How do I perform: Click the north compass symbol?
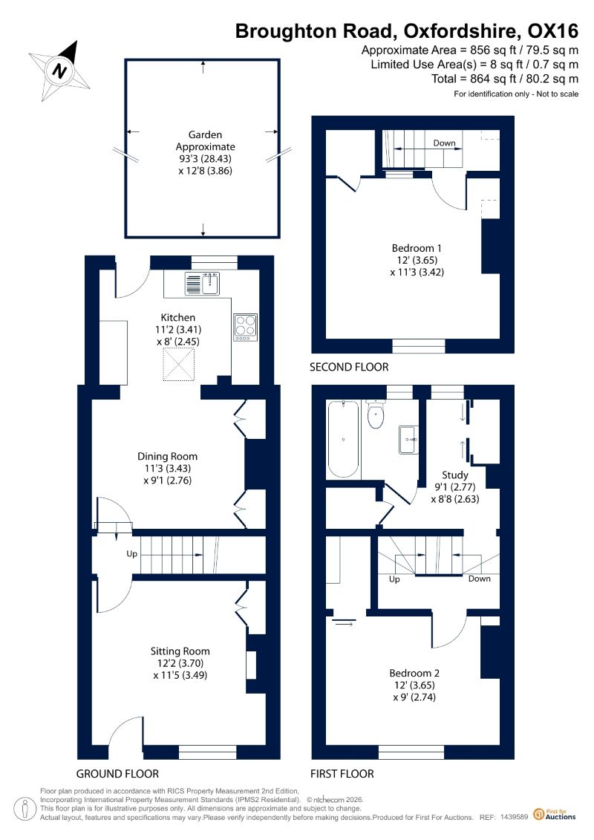[x=59, y=71]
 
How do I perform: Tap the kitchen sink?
[x=202, y=284]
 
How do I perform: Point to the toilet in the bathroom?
[x=376, y=414]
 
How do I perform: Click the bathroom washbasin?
[x=408, y=440]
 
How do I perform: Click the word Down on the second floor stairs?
[x=444, y=143]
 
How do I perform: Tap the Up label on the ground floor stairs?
[x=131, y=553]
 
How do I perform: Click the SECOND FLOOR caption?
[x=349, y=367]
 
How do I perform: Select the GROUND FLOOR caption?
[x=117, y=774]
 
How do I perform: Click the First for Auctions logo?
[x=555, y=814]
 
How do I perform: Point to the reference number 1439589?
[x=515, y=817]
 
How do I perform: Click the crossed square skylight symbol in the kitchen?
[x=179, y=364]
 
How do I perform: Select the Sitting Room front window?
[x=207, y=752]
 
